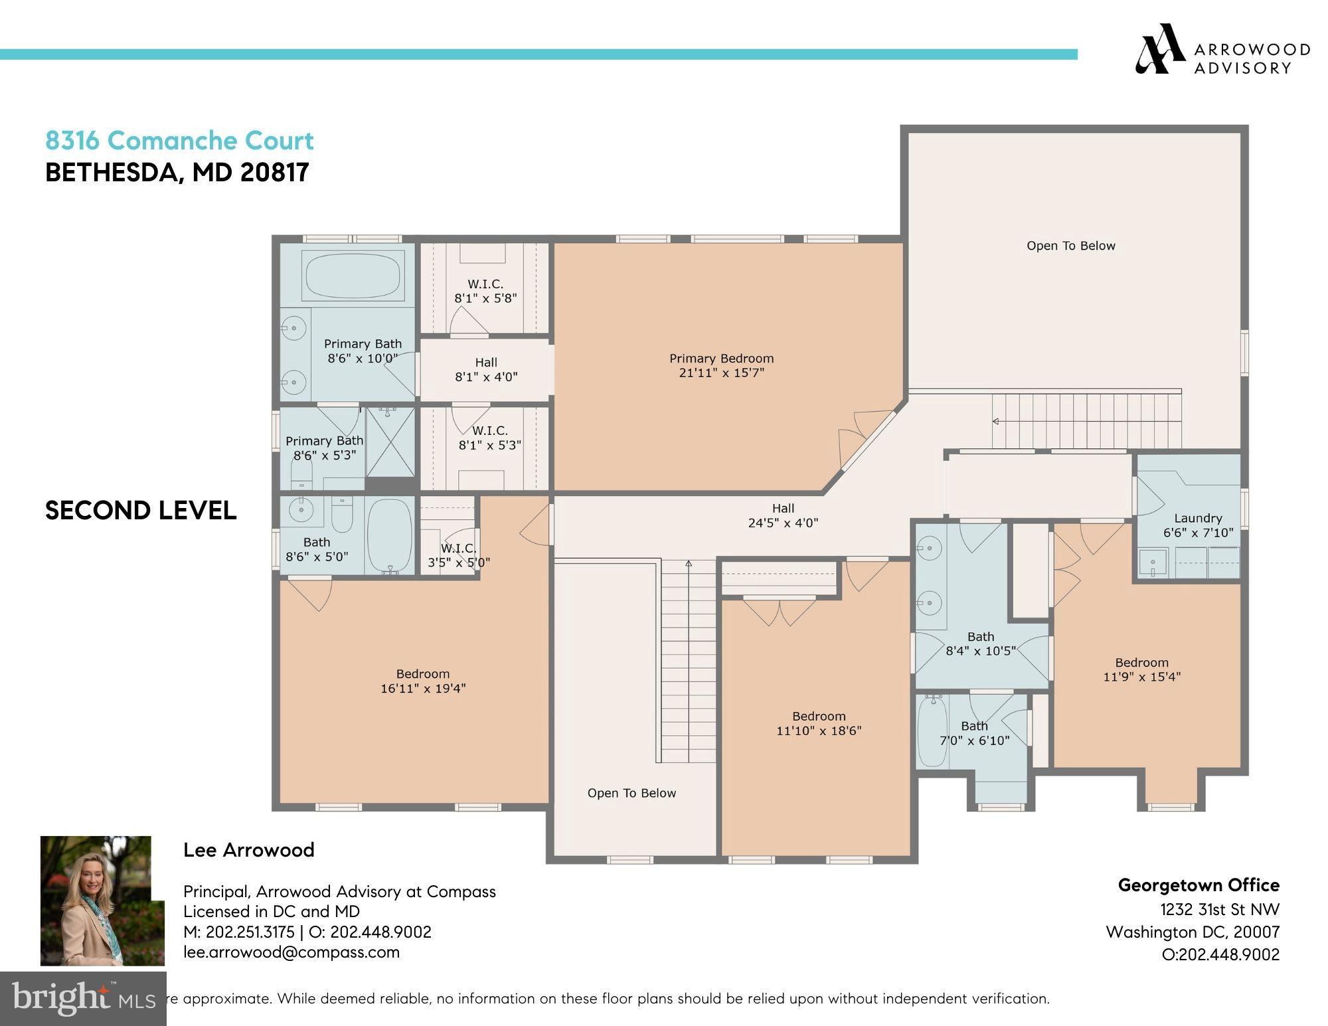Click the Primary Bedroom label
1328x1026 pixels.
721,359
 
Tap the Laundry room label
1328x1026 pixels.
1197,518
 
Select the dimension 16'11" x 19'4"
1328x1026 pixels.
423,689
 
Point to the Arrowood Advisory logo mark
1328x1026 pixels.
1159,48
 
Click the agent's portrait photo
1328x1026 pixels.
102,900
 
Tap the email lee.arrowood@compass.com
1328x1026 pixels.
291,952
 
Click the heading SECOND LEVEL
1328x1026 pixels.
141,510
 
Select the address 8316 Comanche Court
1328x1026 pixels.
179,141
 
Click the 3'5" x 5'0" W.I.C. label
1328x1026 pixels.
458,555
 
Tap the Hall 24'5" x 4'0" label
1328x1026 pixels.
783,515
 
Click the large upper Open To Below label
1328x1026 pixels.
1070,246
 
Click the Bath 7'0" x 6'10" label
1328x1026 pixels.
974,733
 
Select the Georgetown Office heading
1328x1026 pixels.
1198,885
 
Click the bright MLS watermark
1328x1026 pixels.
83,998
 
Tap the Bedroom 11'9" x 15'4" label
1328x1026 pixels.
1141,669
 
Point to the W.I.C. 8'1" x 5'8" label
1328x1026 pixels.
485,291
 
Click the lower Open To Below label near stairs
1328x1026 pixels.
631,793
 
